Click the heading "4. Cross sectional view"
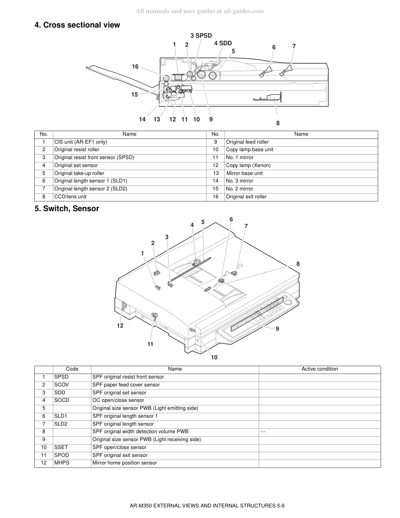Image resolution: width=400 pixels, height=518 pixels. (77, 25)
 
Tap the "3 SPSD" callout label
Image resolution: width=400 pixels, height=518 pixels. (201, 35)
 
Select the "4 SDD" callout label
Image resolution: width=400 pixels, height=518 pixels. (223, 43)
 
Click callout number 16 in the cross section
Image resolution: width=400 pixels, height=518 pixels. (135, 66)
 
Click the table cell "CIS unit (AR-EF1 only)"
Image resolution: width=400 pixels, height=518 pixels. (81, 142)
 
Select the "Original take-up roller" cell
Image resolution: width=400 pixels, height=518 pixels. (79, 173)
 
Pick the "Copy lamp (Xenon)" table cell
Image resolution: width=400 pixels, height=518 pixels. (248, 166)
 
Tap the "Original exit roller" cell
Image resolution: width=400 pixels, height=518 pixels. (246, 197)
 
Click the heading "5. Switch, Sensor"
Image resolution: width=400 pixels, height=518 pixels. (66, 208)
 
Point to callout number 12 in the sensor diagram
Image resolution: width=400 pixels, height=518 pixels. (120, 326)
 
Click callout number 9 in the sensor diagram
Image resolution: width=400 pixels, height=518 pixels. (277, 329)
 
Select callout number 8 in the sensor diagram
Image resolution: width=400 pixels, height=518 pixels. (298, 264)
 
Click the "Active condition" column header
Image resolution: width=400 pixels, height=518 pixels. (320, 369)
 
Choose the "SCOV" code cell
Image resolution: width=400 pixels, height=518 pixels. (61, 385)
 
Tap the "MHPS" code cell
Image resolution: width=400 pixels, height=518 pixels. (62, 463)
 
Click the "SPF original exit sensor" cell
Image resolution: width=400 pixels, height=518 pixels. (120, 455)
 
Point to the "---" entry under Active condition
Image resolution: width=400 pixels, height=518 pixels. (263, 432)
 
